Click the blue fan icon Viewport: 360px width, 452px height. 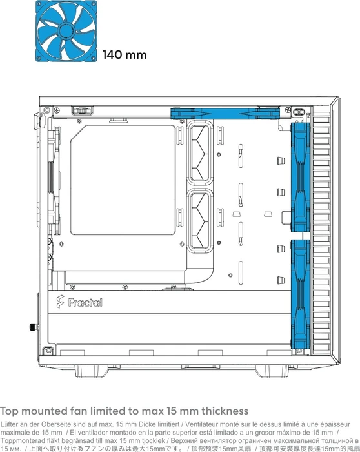pyautogui.click(x=66, y=31)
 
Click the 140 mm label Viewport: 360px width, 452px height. pyautogui.click(x=125, y=55)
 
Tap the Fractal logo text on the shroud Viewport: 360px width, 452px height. pyautogui.click(x=85, y=302)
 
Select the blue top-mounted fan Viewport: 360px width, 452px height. pyautogui.click(x=225, y=114)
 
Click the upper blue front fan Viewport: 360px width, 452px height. pyautogui.click(x=300, y=178)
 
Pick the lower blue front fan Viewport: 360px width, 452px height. pyautogui.click(x=300, y=294)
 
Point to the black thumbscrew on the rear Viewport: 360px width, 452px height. pyautogui.click(x=34, y=327)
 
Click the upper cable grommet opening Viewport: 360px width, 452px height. pyautogui.click(x=201, y=152)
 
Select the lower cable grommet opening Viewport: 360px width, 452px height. pyautogui.click(x=201, y=221)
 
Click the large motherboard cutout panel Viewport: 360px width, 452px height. pyautogui.click(x=123, y=180)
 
